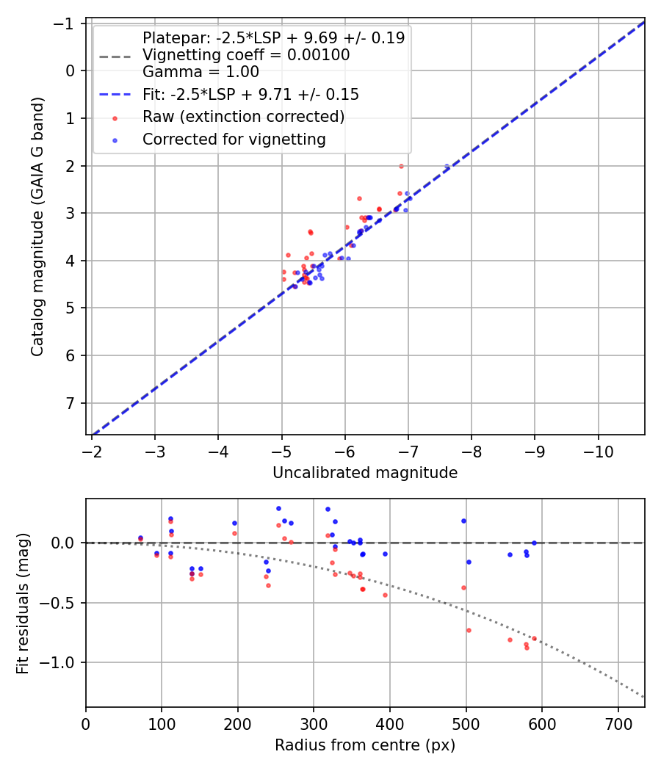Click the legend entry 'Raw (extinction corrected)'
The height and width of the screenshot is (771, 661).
pos(243,117)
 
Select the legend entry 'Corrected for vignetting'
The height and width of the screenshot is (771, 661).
pos(234,139)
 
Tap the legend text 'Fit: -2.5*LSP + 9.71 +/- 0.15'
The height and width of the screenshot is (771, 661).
pos(250,95)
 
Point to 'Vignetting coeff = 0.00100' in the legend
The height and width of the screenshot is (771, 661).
pos(246,55)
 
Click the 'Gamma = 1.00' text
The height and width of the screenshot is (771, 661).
pos(201,72)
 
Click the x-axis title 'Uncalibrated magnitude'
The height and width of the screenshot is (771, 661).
pos(365,473)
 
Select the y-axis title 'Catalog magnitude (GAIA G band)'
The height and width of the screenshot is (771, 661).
pos(38,227)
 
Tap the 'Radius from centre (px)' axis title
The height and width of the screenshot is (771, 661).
pos(365,745)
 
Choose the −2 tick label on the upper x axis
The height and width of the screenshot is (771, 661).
pos(92,449)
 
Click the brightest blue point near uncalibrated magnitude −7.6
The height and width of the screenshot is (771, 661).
pos(447,167)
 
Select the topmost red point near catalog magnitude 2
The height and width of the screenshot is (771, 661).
pos(401,166)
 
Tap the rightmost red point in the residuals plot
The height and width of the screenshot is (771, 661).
pos(534,638)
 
